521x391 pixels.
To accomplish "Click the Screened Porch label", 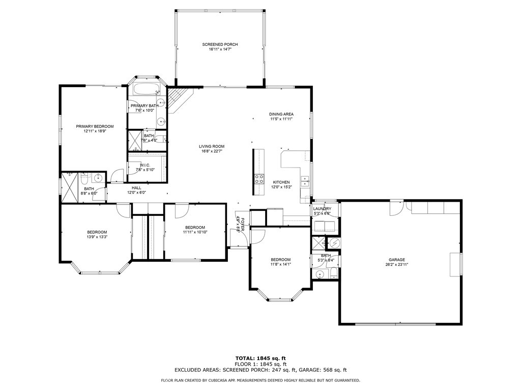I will click(x=220, y=45).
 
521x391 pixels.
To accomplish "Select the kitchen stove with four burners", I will click(x=259, y=178).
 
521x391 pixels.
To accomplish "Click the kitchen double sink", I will click(x=305, y=179).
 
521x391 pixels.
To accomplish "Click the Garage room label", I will click(x=397, y=260).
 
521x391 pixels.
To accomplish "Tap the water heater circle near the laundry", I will click(x=334, y=243).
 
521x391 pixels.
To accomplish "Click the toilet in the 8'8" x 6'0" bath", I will click(x=84, y=178).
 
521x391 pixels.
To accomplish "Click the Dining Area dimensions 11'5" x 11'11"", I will click(x=281, y=119).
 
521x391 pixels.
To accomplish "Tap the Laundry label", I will click(x=322, y=209).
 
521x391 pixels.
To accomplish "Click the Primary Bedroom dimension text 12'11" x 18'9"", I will click(x=95, y=131).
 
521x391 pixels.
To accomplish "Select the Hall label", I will click(x=136, y=188).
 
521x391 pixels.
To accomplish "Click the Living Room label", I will click(x=212, y=147).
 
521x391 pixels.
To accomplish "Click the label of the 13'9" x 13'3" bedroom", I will click(x=97, y=232).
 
